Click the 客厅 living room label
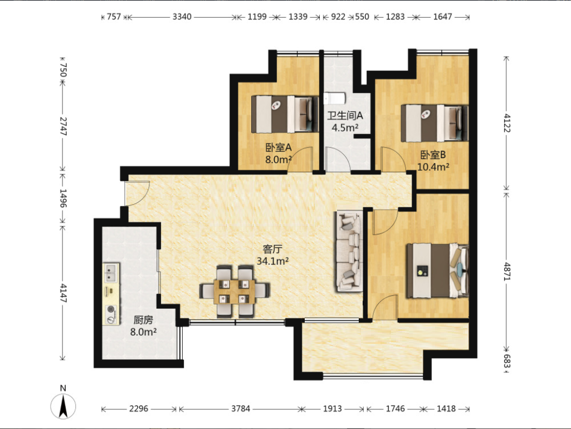(x=272, y=249)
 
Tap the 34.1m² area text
(x=273, y=262)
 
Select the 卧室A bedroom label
(x=279, y=147)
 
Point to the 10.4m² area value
(x=433, y=167)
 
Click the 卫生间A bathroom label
(x=345, y=116)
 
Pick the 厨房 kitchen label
(x=143, y=320)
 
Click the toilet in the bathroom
(x=334, y=98)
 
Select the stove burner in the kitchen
(x=111, y=315)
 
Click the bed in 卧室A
(x=285, y=114)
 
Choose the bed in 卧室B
(x=435, y=124)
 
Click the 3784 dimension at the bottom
(x=241, y=409)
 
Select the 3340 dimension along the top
(x=182, y=17)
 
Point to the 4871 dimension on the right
(x=507, y=272)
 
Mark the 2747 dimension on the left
(x=63, y=126)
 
